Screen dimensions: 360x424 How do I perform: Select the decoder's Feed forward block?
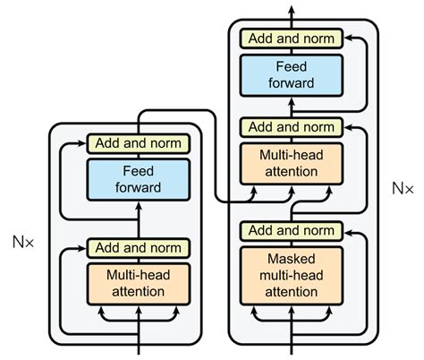coord(292,73)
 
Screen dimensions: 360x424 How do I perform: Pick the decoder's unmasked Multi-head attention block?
coord(292,162)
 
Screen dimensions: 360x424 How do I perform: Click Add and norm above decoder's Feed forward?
coord(292,39)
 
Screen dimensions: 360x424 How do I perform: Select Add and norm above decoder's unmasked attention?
coord(292,127)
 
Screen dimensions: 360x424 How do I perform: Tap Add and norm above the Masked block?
coord(292,230)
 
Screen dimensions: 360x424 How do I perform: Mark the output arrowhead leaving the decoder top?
coord(292,7)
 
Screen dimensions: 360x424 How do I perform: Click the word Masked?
coord(292,260)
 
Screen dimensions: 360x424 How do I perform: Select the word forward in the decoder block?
coord(292,82)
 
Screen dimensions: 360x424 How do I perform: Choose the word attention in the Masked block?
coord(292,291)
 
